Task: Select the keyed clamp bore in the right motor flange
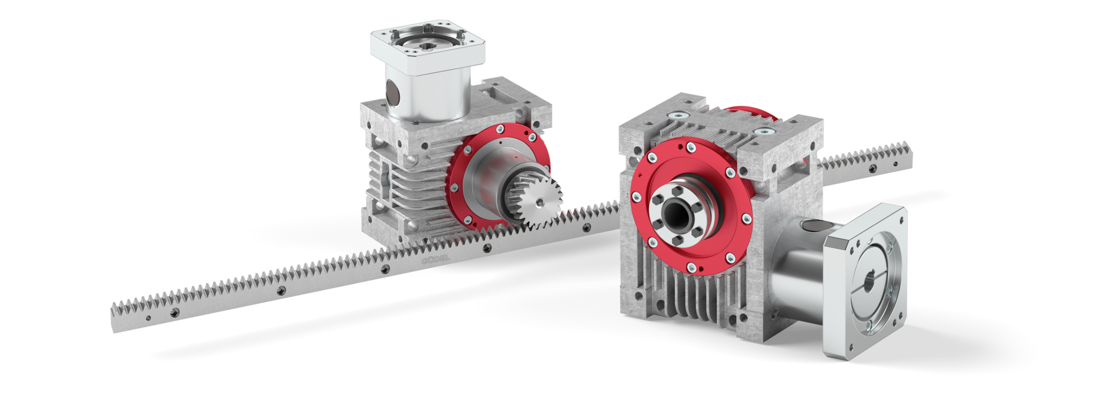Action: [868, 281]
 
